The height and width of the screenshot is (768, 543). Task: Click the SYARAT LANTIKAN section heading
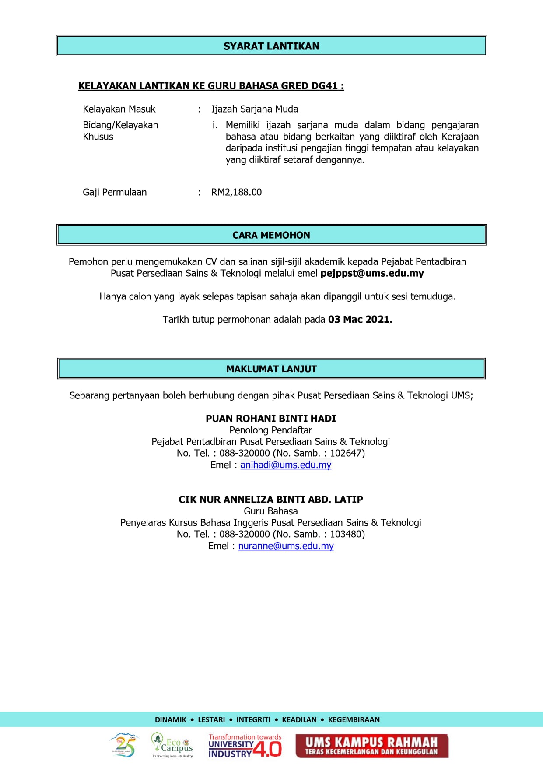(271, 46)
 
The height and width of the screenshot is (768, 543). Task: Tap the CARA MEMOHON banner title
(271, 235)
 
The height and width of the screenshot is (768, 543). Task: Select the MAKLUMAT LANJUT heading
(271, 369)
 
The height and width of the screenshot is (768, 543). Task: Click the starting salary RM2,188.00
(236, 192)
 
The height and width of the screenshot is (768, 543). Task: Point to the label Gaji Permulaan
(115, 192)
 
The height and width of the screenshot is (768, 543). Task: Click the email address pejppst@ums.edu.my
(372, 274)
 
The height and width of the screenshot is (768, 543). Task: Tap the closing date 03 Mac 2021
(360, 320)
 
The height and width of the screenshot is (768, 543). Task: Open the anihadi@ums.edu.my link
(286, 465)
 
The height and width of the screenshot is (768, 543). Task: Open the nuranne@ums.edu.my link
(286, 546)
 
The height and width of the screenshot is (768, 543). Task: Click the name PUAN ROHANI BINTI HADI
(271, 419)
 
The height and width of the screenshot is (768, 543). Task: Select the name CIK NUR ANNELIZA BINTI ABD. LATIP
(271, 500)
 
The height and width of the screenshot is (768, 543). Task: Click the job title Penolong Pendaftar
(271, 430)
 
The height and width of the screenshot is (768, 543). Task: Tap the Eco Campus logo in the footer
(172, 745)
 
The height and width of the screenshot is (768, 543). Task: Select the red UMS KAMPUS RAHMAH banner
(372, 746)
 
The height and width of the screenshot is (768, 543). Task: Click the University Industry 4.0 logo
(245, 746)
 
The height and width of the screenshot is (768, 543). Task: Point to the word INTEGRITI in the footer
(253, 719)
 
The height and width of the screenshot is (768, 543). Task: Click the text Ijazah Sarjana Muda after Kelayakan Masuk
(255, 109)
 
